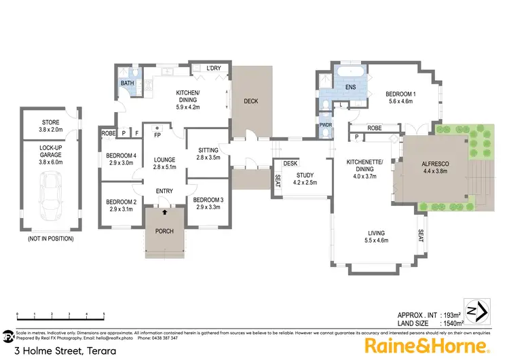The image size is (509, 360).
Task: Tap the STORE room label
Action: click(x=51, y=122)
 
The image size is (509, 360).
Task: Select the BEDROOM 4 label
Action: click(x=120, y=156)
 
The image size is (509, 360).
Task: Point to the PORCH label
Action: click(x=164, y=231)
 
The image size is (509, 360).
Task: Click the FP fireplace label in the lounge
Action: click(x=157, y=135)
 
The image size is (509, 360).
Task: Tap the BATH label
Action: click(x=128, y=84)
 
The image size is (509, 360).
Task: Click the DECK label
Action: click(x=250, y=101)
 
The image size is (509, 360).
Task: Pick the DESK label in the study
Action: click(x=291, y=163)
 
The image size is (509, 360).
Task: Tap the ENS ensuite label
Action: click(x=351, y=88)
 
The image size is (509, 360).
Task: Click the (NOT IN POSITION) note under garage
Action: click(x=51, y=238)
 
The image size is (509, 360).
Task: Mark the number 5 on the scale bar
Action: click(x=103, y=314)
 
